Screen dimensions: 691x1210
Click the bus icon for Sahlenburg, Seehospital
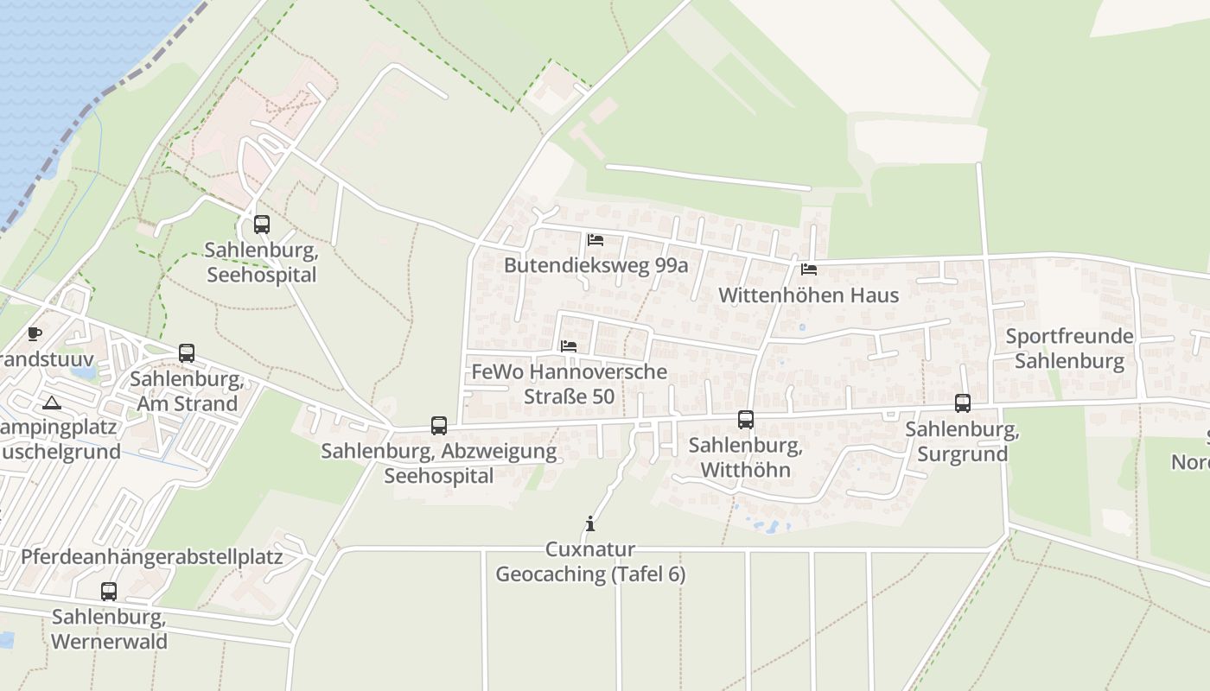pos(262,225)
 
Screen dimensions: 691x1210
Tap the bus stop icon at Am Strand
pos(187,353)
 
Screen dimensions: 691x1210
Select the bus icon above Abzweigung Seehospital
pos(439,426)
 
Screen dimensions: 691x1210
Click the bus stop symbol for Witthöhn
pos(746,420)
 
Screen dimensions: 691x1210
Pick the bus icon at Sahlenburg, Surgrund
pos(963,403)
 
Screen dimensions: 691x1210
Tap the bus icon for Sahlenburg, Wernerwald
pos(109,592)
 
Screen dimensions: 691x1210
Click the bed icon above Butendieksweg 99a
pos(595,240)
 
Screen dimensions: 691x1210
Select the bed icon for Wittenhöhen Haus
pos(809,269)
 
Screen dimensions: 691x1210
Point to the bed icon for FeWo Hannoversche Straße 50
pos(569,346)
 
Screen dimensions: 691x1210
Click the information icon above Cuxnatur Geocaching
pos(590,523)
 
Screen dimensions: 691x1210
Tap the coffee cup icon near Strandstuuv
pos(35,333)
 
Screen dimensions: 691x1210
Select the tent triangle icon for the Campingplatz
pos(52,403)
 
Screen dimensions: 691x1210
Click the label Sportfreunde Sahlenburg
pos(1069,348)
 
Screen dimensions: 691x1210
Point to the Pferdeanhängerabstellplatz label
pos(152,557)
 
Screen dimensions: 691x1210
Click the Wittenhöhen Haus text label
pos(808,295)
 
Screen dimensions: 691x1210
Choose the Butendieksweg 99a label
pos(596,265)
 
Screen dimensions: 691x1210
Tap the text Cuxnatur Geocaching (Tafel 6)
pos(590,561)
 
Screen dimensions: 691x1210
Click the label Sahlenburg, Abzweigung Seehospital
pos(439,463)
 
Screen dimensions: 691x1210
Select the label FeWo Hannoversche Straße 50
pos(570,384)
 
